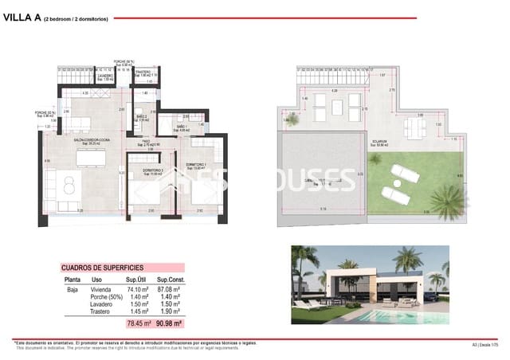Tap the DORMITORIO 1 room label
coord(195,165)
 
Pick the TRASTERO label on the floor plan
coord(143,72)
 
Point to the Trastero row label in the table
coord(101,312)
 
